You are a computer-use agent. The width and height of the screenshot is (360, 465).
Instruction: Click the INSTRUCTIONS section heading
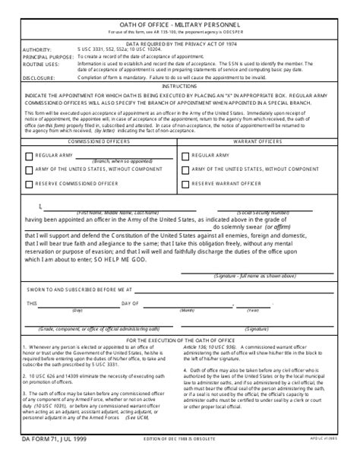[x=180, y=87]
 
